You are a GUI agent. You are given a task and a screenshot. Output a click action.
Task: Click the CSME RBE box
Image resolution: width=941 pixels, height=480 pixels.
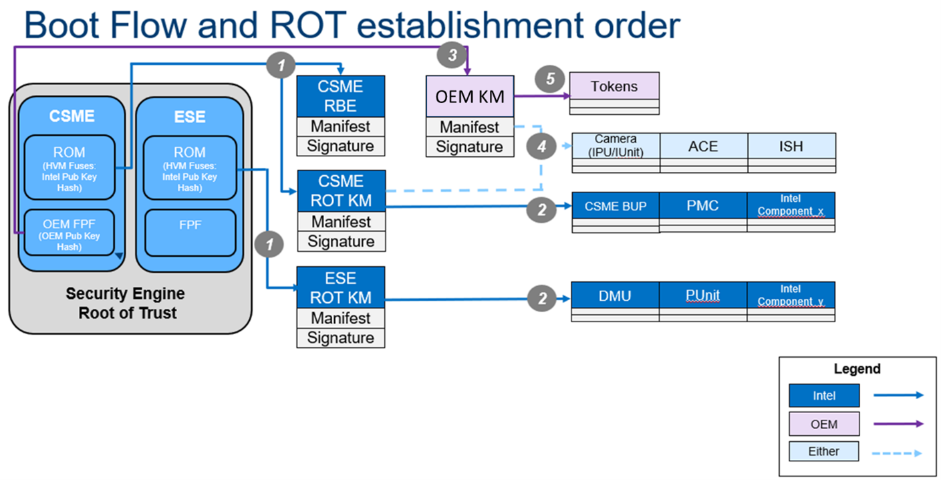click(x=341, y=96)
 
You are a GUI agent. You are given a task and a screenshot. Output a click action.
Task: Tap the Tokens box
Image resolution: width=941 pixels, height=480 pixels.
click(x=614, y=86)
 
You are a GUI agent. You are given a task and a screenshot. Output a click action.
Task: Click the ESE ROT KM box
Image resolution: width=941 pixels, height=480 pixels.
click(x=341, y=287)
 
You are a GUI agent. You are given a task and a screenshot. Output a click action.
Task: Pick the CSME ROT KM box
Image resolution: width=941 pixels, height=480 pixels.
click(x=341, y=191)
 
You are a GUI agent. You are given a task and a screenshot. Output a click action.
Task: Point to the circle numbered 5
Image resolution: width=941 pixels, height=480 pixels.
click(x=551, y=78)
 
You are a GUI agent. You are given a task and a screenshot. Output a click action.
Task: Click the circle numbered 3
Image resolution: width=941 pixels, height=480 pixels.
click(x=452, y=55)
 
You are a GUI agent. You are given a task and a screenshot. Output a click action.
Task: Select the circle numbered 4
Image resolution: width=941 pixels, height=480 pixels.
click(x=542, y=146)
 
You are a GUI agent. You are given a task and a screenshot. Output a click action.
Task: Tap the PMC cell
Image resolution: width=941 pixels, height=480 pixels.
click(x=703, y=205)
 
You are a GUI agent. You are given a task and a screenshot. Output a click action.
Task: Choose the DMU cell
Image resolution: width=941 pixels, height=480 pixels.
click(x=615, y=295)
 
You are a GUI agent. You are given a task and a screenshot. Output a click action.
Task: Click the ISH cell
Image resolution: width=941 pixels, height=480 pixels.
click(x=791, y=146)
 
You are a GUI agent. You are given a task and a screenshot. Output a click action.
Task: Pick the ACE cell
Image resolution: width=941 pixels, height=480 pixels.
click(x=703, y=146)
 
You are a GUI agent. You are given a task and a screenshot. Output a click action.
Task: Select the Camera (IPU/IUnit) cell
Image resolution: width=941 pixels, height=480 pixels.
click(x=616, y=146)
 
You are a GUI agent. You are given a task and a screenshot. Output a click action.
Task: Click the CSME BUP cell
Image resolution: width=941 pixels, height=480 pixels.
click(x=616, y=205)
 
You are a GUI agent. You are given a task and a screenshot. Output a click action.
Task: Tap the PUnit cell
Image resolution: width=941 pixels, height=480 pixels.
click(x=703, y=295)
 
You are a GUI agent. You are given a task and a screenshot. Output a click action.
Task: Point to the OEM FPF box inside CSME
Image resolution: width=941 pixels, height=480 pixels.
click(x=70, y=232)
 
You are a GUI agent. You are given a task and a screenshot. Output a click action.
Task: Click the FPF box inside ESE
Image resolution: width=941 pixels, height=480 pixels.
click(x=189, y=232)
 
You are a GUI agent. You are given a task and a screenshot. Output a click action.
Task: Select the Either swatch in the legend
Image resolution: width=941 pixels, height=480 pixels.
click(x=823, y=451)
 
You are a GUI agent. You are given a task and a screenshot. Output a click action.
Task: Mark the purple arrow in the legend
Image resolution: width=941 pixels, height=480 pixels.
click(x=898, y=423)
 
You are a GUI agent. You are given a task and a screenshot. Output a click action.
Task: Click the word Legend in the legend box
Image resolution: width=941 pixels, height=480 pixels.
click(x=857, y=369)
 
